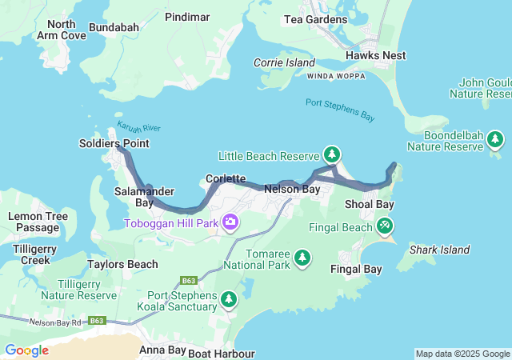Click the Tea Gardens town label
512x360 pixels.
(317, 19)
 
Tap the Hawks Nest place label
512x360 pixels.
(376, 55)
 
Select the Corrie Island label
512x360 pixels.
(280, 62)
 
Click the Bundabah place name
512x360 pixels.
(114, 27)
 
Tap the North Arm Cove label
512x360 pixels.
(62, 30)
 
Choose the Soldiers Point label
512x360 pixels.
(114, 143)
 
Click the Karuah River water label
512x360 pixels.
(138, 127)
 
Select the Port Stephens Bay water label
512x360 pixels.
(340, 110)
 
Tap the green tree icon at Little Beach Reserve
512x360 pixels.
(332, 154)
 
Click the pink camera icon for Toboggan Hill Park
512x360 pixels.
(230, 222)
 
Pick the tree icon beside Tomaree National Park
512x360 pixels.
(302, 257)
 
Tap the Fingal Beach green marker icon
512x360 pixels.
(386, 226)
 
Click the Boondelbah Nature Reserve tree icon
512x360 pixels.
(495, 140)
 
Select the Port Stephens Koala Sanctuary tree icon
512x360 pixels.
(229, 299)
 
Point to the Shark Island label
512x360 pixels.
(439, 250)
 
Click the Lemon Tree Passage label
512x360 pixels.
(33, 222)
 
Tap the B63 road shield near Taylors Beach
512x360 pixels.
(190, 280)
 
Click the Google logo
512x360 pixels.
(26, 350)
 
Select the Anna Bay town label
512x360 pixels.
(163, 350)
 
